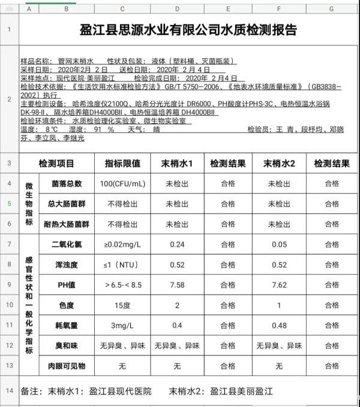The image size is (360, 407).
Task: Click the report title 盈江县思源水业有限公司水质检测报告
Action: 188,30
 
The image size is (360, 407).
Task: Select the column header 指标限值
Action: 122,163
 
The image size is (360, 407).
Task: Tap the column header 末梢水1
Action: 177,163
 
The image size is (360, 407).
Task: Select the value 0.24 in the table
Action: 177,244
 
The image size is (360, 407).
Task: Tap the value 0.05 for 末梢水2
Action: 278,244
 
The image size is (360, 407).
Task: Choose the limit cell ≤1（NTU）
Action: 122,265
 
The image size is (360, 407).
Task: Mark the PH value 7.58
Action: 177,285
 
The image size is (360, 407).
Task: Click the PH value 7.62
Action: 278,285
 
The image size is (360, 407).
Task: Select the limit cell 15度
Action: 122,306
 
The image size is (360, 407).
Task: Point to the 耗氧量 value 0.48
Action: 278,326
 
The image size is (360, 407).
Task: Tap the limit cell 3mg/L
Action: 122,326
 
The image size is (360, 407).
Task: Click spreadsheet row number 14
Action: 10,391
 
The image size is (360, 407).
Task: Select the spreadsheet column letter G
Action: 331,9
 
